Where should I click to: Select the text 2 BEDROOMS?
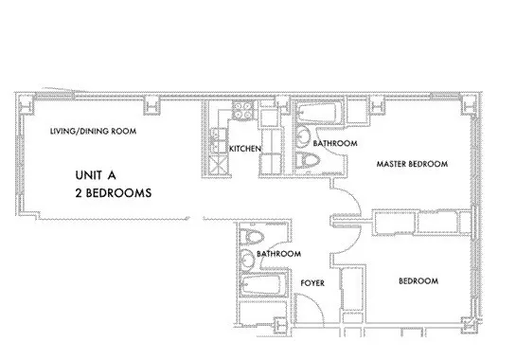pyautogui.click(x=114, y=192)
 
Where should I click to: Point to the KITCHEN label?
pyautogui.click(x=245, y=150)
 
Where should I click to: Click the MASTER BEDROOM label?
pyautogui.click(x=411, y=164)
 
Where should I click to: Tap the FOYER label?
pyautogui.click(x=313, y=283)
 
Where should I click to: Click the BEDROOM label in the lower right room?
pyautogui.click(x=417, y=281)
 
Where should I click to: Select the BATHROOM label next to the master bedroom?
pyautogui.click(x=334, y=143)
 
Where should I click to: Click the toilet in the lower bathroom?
pyautogui.click(x=252, y=238)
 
